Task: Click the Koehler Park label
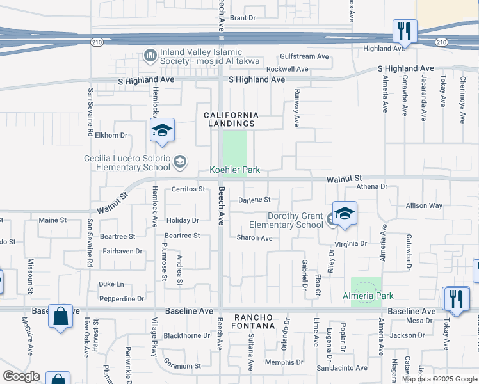pos(236,170)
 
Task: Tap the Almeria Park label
pos(368,296)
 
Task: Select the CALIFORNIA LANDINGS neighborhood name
pos(230,118)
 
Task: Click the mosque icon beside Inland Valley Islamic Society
pos(151,56)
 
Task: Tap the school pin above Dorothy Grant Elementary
pos(345,214)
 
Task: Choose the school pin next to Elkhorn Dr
pos(163,131)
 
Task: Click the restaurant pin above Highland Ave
pos(405,31)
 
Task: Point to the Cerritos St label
pos(188,189)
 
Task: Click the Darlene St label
pos(254,200)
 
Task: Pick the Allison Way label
pos(424,206)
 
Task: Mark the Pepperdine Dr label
pos(122,299)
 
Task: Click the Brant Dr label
pos(243,18)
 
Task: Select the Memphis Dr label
pos(284,362)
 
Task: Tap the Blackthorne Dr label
pos(187,335)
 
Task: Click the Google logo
pos(21,376)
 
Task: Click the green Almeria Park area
pos(366,284)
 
